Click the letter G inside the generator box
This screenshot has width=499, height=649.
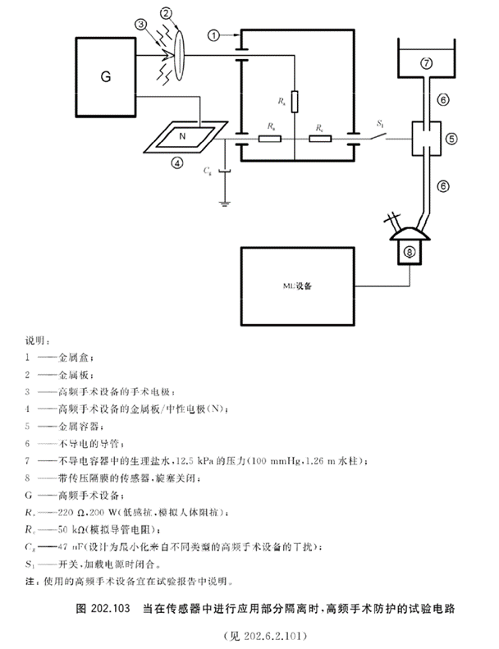pos(105,78)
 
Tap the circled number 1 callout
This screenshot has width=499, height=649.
pos(215,35)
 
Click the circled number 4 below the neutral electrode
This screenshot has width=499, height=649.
pos(176,162)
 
